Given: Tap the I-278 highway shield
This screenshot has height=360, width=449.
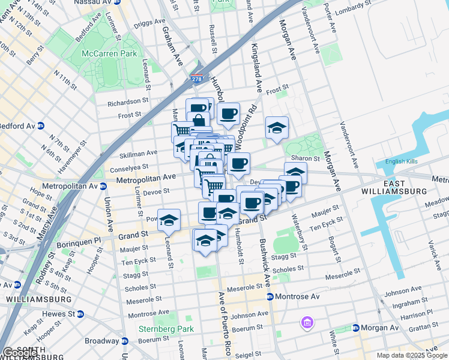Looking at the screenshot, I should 197,79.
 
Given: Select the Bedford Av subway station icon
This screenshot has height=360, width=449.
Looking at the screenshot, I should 41,126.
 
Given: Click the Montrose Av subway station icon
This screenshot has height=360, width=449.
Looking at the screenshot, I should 270,297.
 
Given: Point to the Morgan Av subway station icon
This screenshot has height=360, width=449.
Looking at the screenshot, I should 356,328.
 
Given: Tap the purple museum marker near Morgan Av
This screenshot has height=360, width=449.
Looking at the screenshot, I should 307,323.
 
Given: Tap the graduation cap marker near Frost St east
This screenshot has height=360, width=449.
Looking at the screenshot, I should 276,127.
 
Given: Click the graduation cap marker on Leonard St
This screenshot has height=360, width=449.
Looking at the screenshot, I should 169,220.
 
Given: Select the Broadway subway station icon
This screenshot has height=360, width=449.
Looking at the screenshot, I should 125,341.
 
